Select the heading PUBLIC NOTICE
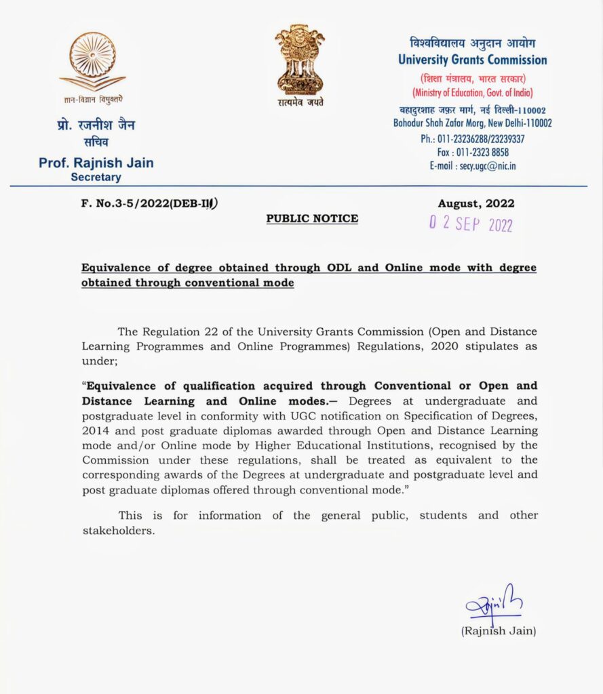312,219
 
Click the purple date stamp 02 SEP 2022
470,225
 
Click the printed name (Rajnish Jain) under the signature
499,631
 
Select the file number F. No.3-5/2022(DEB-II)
150,203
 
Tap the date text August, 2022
476,203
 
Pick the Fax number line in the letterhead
473,152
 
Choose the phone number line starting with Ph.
473,139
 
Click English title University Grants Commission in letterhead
473,60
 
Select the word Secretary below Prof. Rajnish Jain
96,178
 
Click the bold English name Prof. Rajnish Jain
96,163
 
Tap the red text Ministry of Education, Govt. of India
473,92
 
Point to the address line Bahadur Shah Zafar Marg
473,123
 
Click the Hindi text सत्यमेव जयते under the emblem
300,102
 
